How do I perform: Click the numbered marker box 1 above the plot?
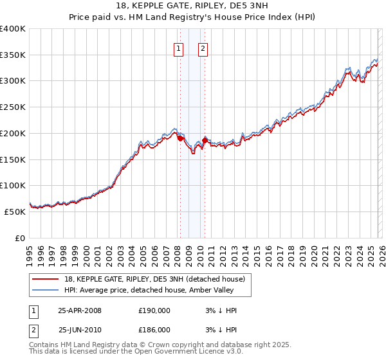178,48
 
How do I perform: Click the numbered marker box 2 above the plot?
203,48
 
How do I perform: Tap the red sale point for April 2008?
180,138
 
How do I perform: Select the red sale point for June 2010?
205,140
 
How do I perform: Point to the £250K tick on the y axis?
14,107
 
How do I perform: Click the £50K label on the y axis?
15,212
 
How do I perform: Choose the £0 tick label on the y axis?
21,238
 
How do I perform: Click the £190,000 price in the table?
154,310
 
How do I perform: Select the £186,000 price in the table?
154,329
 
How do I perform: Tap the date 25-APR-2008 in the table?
80,310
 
